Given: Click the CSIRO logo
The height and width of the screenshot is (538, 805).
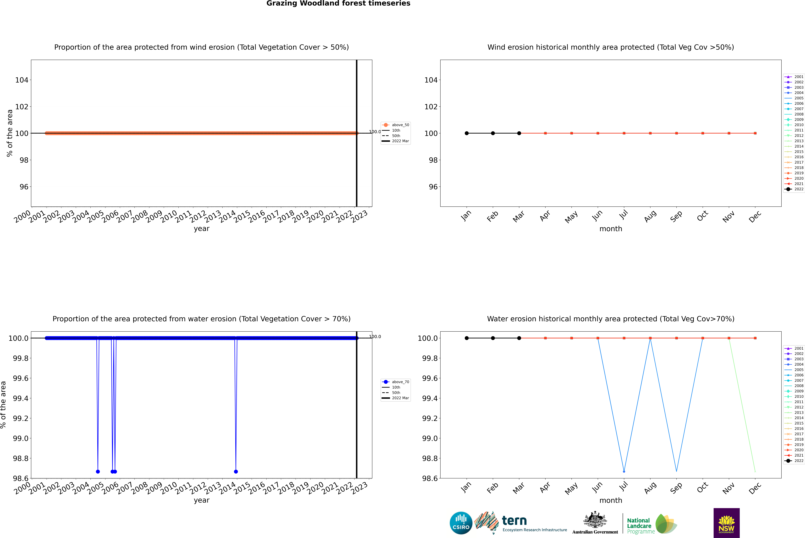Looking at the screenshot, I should coord(461,523).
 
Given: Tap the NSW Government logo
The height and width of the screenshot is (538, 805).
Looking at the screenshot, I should coord(726,523).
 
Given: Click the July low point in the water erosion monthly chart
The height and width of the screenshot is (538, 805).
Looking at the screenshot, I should coord(624,471).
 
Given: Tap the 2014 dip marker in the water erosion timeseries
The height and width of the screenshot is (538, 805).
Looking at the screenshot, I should coord(236,471).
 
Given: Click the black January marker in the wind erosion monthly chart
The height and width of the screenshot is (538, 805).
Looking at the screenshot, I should coord(467,133).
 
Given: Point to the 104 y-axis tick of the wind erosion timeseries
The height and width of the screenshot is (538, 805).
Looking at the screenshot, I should coord(22,80).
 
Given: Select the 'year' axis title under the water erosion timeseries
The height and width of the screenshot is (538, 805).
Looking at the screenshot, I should coord(201,500).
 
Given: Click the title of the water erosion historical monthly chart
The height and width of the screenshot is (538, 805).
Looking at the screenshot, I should coord(610,319).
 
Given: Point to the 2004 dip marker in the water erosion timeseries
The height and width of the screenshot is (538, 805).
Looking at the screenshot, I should coord(98,471).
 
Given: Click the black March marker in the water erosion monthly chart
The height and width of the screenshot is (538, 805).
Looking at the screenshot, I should coord(519,338).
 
